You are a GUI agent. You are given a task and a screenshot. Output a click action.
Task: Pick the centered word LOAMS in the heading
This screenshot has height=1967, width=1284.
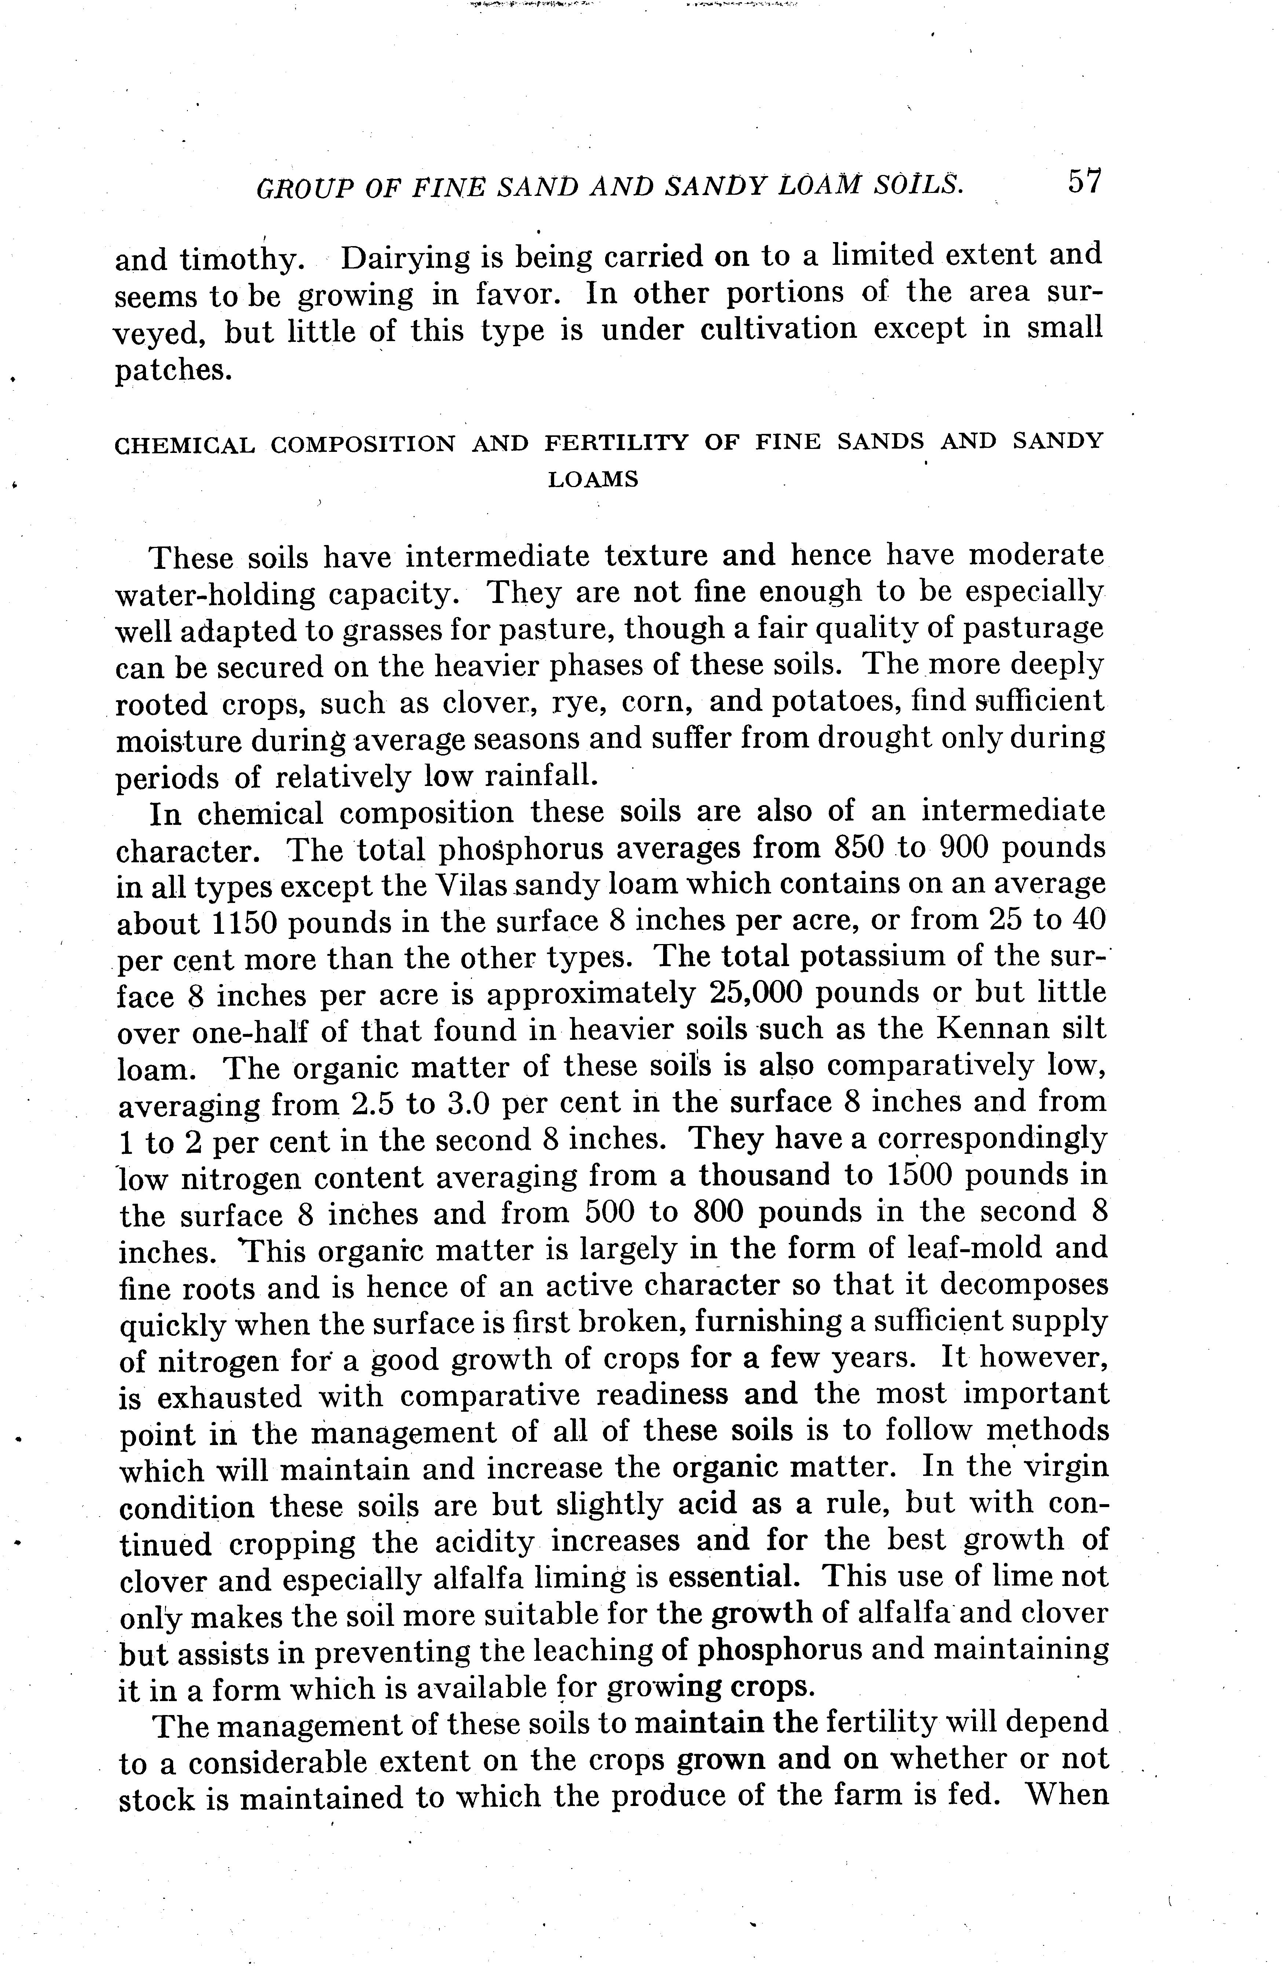593,479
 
